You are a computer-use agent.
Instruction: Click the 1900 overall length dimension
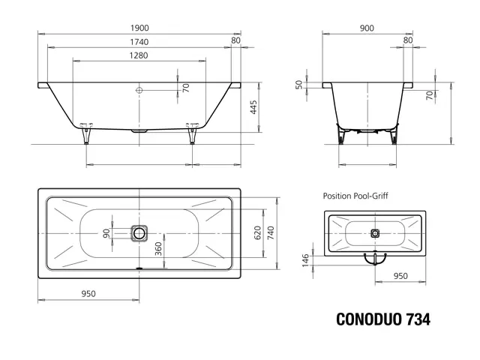[139, 28]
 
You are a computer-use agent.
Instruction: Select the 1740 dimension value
[139, 42]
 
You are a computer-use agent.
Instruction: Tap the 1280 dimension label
[139, 55]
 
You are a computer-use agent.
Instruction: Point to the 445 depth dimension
[253, 107]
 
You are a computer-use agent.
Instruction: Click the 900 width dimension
[367, 28]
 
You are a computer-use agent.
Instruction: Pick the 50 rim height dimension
[298, 85]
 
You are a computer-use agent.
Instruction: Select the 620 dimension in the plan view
[258, 233]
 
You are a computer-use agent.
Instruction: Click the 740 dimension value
[271, 233]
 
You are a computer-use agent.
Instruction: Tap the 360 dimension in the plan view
[158, 249]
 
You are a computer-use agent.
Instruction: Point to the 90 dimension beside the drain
[106, 233]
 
